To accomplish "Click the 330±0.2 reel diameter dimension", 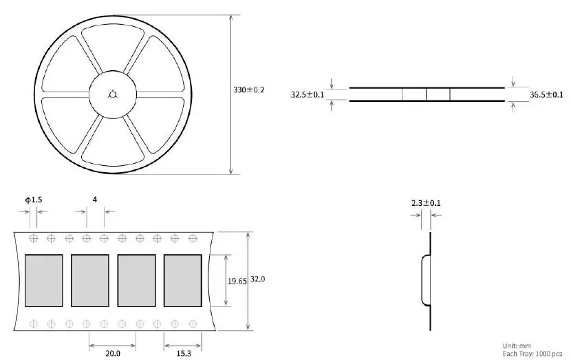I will coord(250,90).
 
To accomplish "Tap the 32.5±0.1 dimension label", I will coord(308,94).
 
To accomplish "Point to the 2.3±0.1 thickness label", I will coord(426,203).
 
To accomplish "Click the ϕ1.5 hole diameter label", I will coord(34,200).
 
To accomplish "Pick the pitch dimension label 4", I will coord(94,200).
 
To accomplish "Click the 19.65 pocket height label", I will coord(237,281).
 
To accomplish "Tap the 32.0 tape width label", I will coord(258,279).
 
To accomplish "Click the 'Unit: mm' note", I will coord(516,345).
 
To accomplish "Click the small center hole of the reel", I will coord(114,94).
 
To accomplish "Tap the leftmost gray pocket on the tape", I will coord(43,281).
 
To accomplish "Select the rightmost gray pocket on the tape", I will coord(183,281).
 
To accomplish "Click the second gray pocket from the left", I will coord(90,281).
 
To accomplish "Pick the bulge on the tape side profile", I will coord(425,279).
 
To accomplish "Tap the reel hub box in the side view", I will coord(426,94).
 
